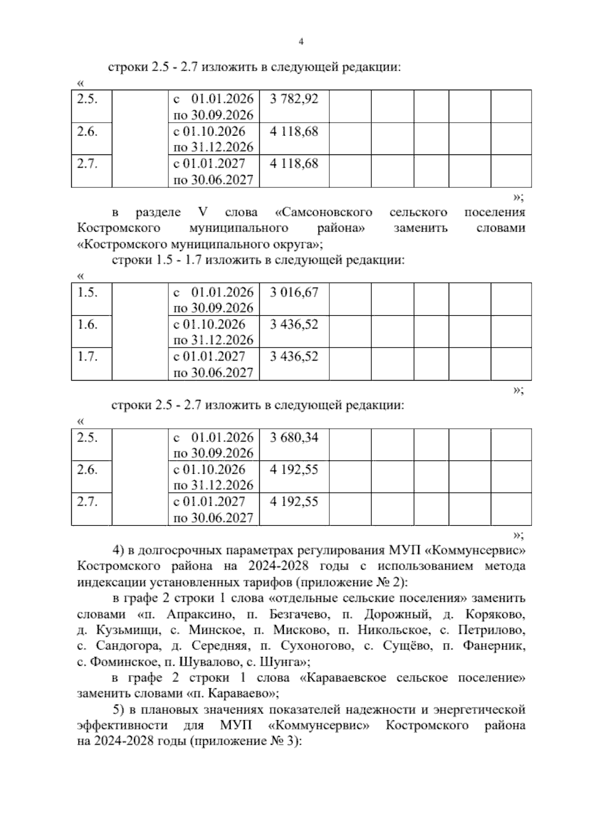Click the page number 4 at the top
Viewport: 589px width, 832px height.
click(301, 42)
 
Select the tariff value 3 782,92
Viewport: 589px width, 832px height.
click(294, 99)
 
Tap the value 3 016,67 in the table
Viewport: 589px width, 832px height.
click(294, 292)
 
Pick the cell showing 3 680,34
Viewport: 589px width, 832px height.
click(294, 437)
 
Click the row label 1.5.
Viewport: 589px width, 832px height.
click(87, 292)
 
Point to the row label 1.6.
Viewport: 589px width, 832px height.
click(87, 324)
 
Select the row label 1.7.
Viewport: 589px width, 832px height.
click(87, 357)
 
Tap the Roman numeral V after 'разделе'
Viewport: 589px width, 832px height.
click(202, 212)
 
